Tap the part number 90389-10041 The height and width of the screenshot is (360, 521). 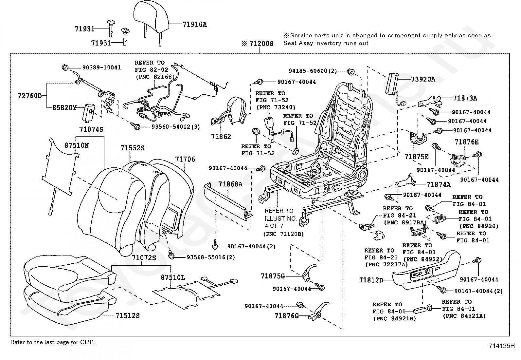click(101, 67)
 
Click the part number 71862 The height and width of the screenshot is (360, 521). click(221, 136)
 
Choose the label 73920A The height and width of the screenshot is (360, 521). click(423, 79)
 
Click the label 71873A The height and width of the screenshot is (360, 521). click(465, 98)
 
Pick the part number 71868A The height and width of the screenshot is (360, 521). click(230, 184)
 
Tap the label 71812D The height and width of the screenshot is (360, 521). click(371, 280)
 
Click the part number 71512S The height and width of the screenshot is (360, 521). click(127, 315)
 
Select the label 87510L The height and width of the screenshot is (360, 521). click(172, 277)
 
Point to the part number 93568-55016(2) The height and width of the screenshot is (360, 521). click(211, 257)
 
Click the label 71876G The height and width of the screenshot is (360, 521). click(287, 315)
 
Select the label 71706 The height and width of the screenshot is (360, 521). click(185, 159)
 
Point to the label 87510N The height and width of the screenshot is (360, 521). click(76, 145)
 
